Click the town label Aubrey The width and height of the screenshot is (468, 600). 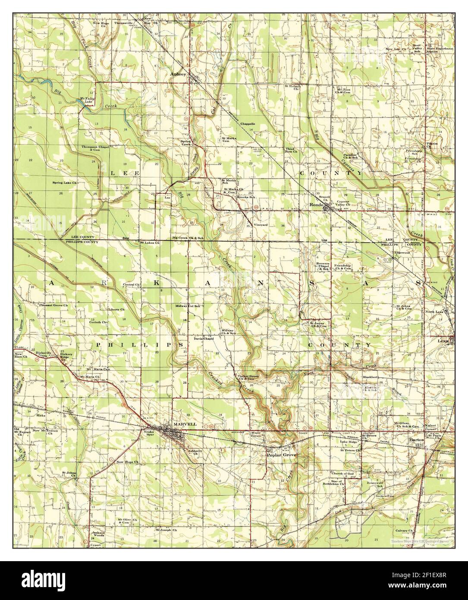click(x=179, y=74)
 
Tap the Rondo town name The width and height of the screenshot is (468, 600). click(x=317, y=205)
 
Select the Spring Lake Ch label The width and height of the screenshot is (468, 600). click(x=65, y=183)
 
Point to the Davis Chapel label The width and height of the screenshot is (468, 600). click(x=204, y=338)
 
